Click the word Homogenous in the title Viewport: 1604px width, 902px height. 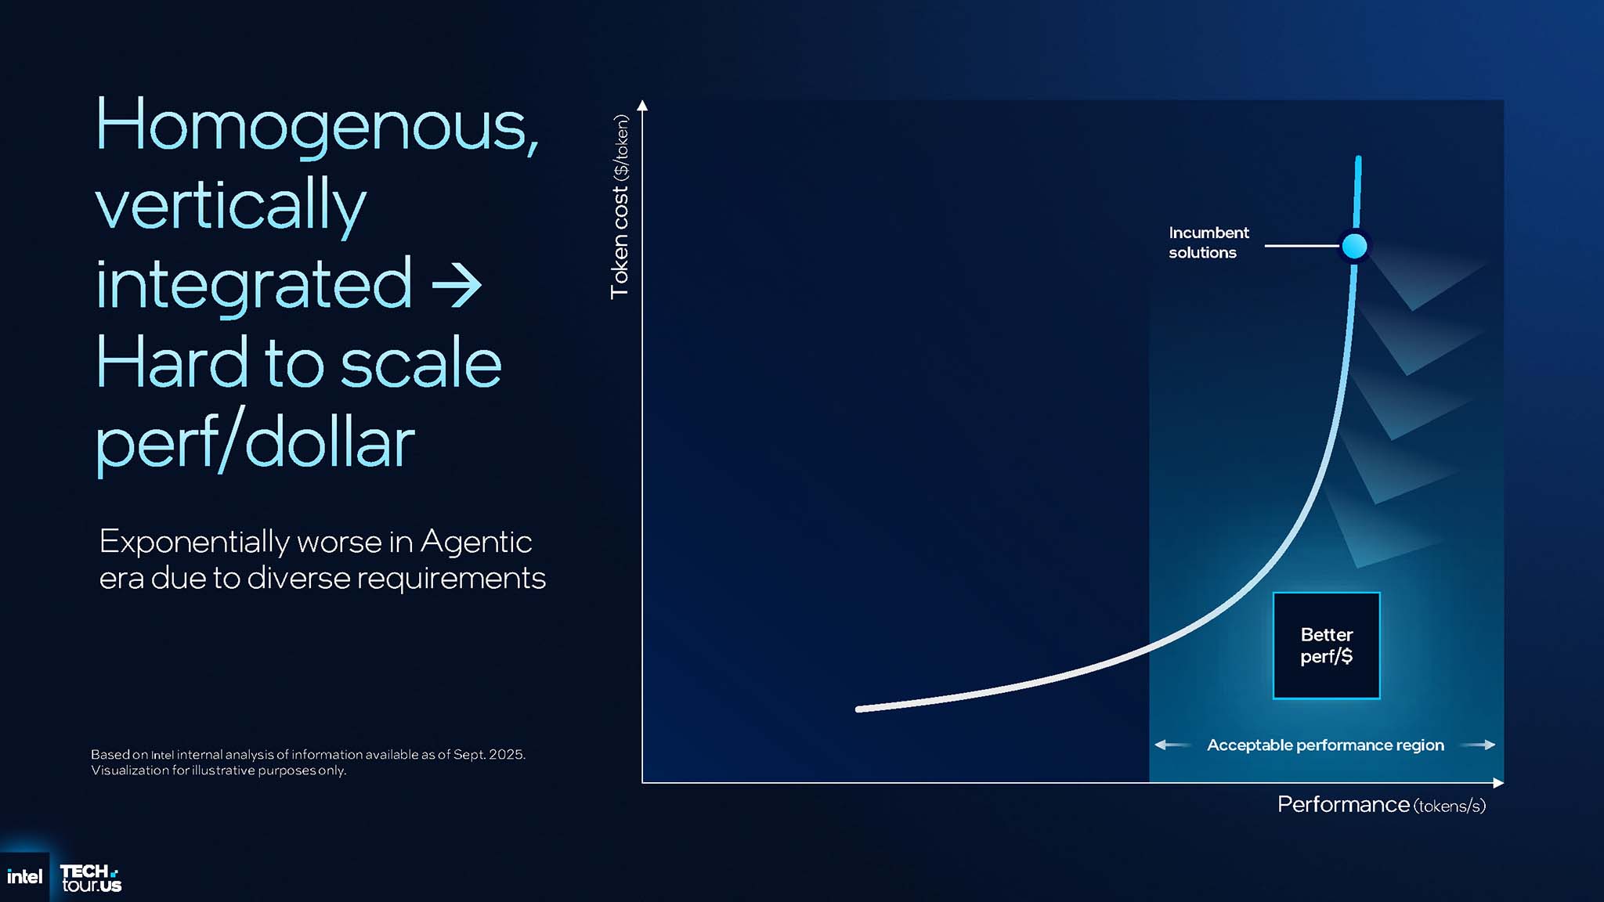316,125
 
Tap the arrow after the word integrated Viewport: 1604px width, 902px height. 457,284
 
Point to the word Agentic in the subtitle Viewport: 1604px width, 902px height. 476,541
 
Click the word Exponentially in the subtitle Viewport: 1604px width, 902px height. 194,542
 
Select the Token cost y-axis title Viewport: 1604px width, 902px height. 620,206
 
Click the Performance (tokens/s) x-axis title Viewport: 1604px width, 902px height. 1382,805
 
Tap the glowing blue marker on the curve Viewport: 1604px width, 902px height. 1354,246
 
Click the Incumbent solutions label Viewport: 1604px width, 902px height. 1208,243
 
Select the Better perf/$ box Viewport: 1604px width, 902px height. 1327,645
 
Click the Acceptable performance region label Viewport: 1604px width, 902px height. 1325,745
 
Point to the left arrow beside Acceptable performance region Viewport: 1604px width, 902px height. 1173,745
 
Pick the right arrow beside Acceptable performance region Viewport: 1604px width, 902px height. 1478,745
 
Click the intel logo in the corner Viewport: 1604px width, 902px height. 24,877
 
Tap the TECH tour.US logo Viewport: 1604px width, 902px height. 91,879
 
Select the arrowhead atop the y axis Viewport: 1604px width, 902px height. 642,106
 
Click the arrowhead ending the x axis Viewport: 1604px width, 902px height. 1498,783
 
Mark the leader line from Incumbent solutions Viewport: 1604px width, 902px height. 1302,246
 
